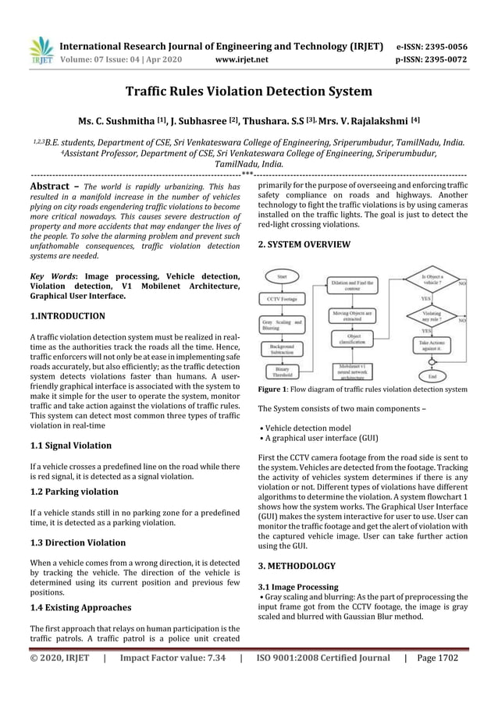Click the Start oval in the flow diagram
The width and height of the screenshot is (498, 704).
[x=282, y=275]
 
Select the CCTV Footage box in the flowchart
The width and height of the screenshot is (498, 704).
[x=282, y=297]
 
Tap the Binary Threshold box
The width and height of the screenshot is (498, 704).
[x=282, y=371]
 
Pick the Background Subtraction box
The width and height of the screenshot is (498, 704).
[x=282, y=347]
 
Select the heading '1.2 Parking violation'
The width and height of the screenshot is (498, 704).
[x=73, y=492]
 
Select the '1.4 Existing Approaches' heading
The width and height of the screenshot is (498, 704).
[x=80, y=606]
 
